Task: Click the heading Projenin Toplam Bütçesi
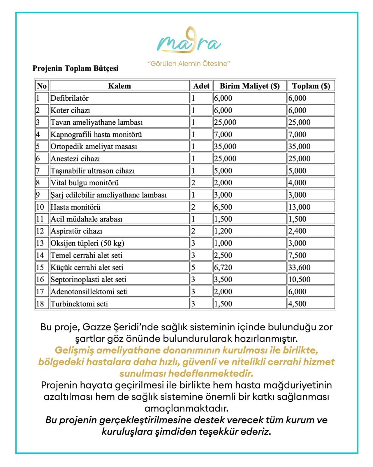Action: coord(75,68)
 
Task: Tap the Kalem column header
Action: coord(119,86)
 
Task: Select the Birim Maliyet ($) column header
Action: coord(249,86)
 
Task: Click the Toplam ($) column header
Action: coord(311,86)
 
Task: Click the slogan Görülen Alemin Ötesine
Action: coord(189,64)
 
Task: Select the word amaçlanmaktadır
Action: coord(186,408)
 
